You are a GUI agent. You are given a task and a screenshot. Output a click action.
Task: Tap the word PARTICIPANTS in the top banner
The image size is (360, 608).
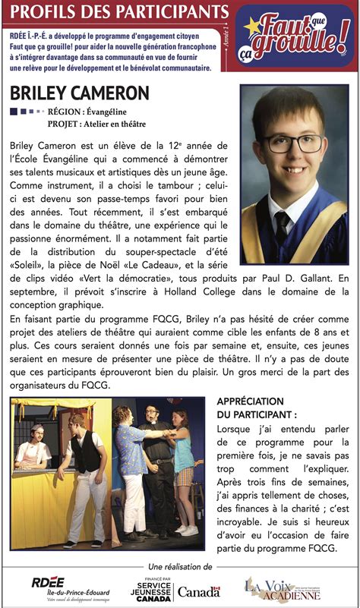[x=163, y=11]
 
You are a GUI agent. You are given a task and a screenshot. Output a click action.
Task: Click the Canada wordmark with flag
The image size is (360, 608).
[x=198, y=591]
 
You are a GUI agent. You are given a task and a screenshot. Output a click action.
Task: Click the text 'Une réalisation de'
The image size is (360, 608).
[x=180, y=567]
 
